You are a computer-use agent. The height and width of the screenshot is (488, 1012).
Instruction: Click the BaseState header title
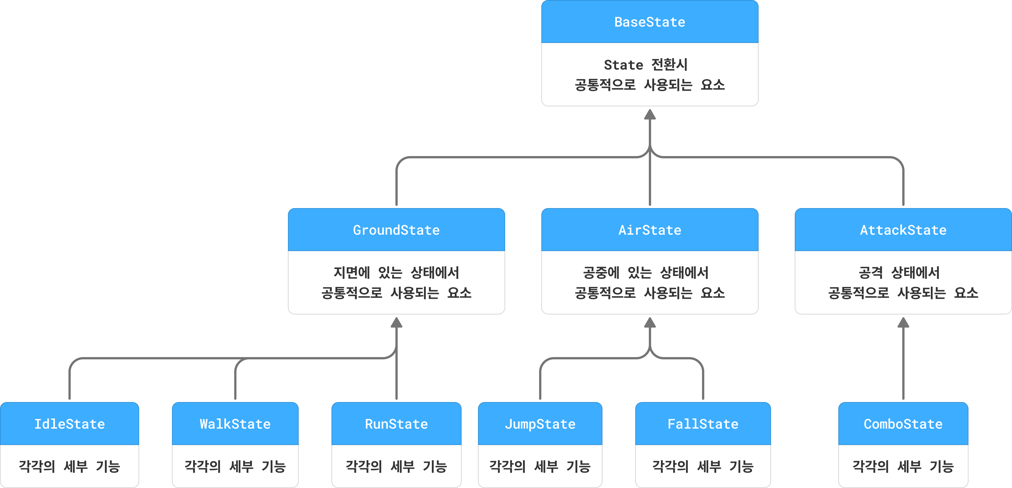pos(649,22)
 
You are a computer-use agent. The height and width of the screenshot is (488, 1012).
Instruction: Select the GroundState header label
pos(396,230)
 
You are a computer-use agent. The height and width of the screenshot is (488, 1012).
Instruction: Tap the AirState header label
pos(649,230)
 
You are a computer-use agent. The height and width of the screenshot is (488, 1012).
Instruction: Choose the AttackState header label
pos(903,230)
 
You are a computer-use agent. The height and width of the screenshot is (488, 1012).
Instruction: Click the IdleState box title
pos(70,424)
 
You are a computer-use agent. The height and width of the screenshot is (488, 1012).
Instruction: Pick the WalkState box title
pos(235,424)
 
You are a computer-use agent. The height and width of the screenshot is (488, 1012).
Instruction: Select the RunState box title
pos(396,424)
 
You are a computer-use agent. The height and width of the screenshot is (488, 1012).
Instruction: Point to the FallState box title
pos(703,424)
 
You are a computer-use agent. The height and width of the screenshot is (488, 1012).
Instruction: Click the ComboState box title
pos(903,424)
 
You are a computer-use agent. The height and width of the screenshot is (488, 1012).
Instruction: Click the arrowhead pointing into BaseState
pos(650,114)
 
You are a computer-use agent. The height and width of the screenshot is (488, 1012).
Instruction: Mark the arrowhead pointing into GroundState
pos(396,322)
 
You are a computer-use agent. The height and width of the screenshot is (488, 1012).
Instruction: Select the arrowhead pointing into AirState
pos(650,322)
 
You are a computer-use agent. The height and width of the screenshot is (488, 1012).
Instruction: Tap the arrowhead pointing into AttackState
pos(903,322)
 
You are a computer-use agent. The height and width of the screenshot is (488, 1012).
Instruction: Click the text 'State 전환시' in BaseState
pos(645,65)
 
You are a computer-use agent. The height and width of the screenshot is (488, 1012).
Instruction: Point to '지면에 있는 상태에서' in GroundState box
pos(396,273)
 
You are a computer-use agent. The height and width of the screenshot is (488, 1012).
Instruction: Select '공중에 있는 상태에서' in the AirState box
pos(645,273)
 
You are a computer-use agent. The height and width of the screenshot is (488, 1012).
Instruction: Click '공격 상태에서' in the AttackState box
pos(899,273)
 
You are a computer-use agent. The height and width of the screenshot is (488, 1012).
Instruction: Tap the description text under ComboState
pos(903,467)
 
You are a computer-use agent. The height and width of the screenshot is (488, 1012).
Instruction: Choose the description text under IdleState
pos(70,467)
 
